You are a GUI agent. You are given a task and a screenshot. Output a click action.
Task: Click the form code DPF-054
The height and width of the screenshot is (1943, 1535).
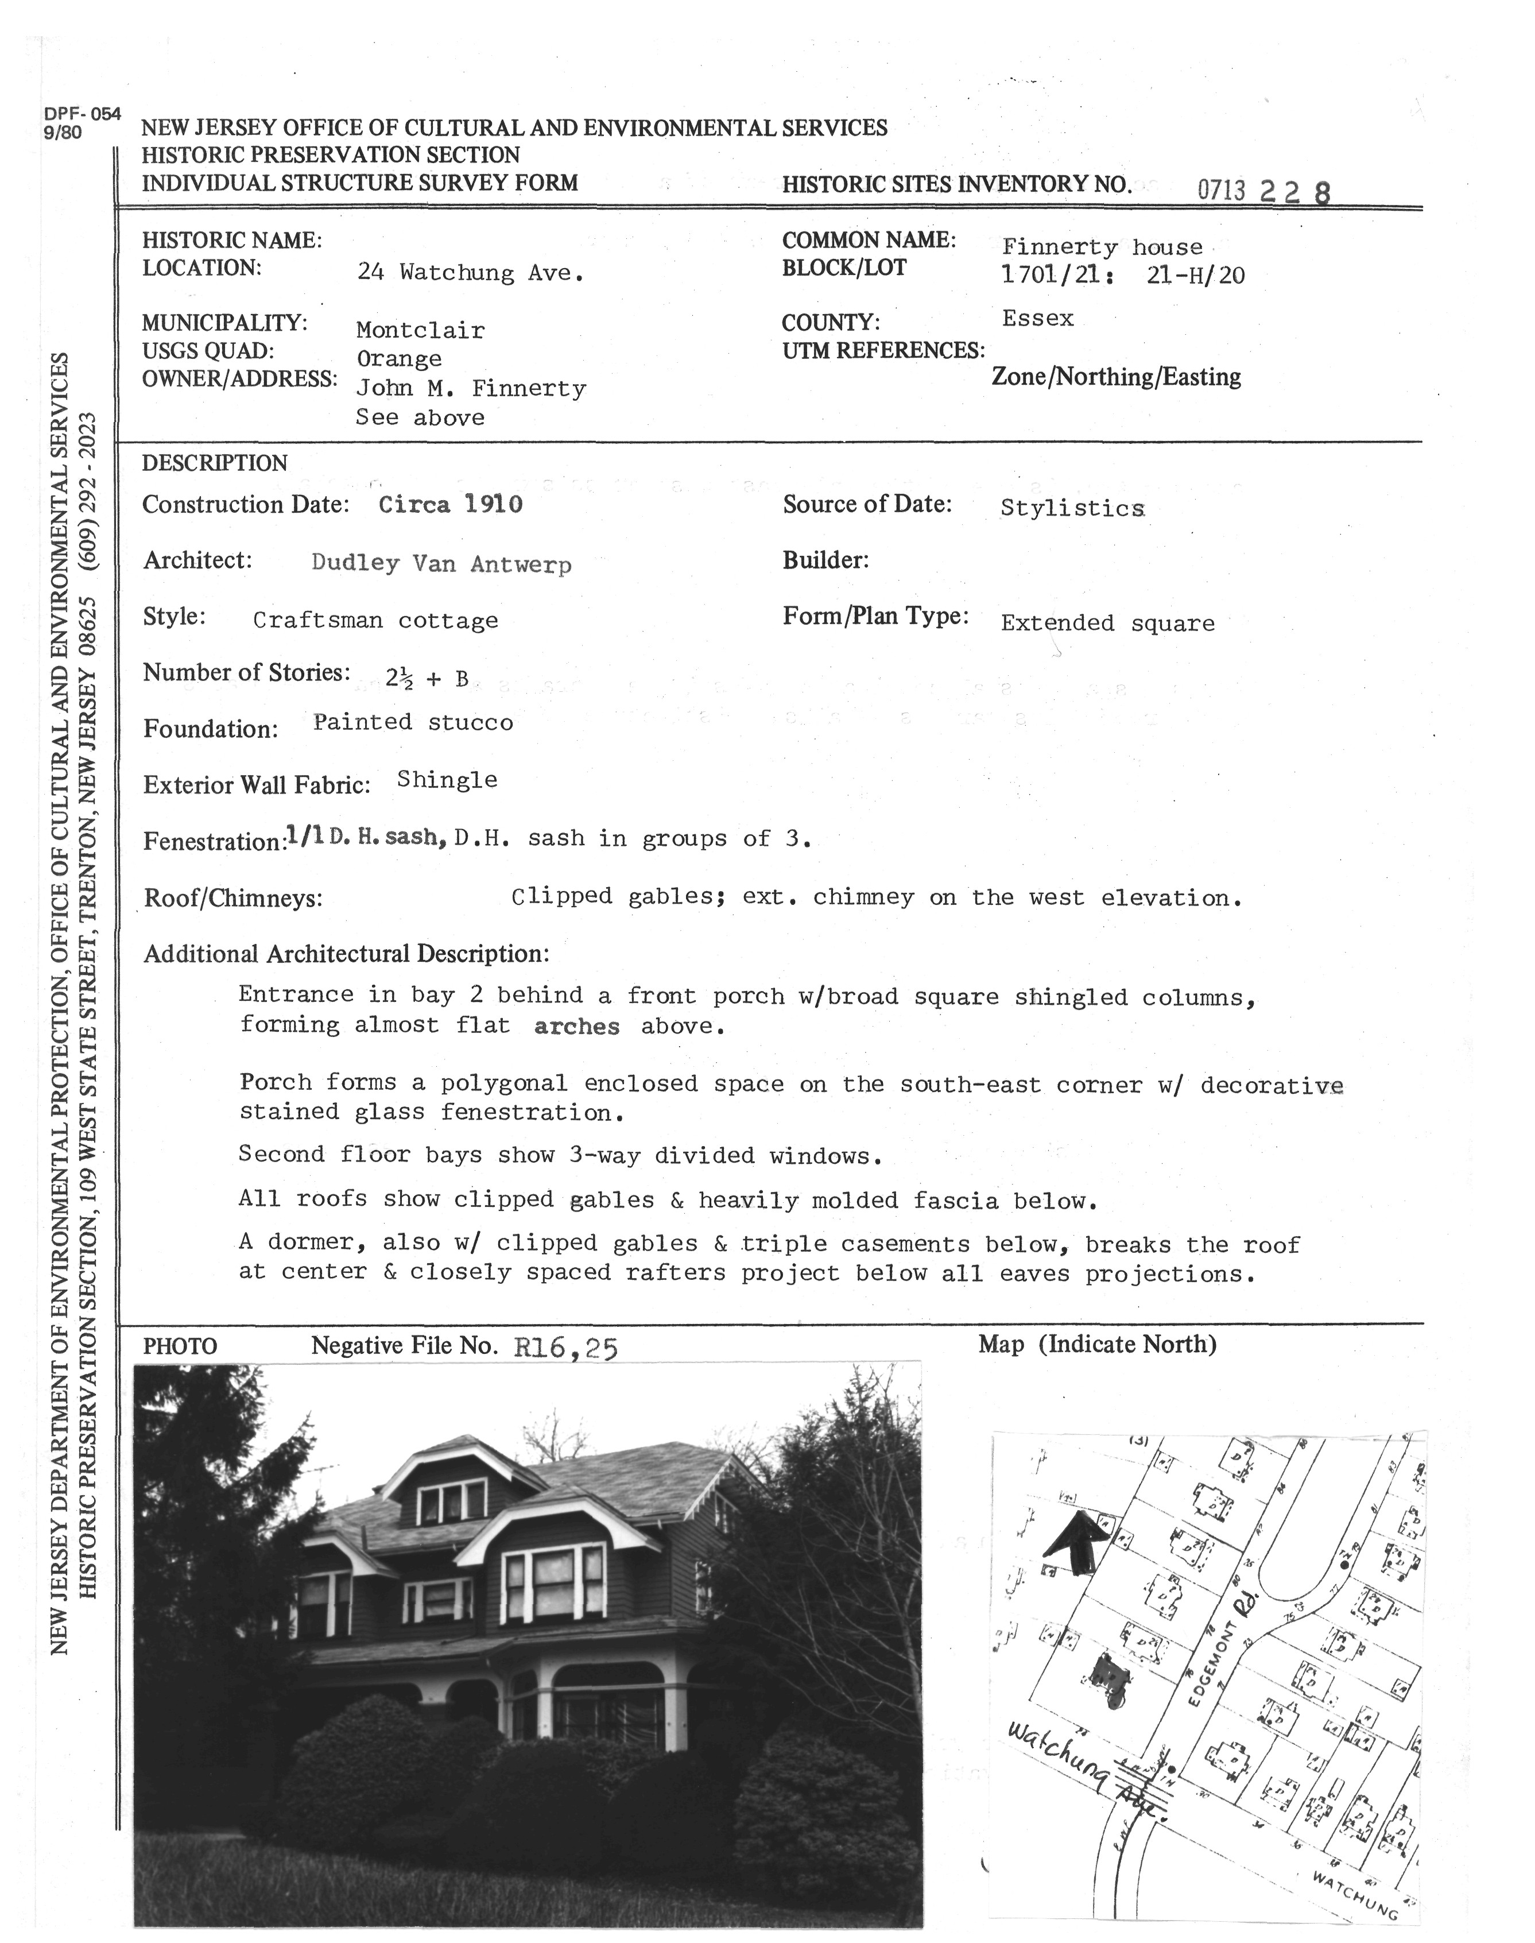pos(81,114)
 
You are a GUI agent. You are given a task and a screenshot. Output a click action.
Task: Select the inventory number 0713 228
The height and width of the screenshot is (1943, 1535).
pos(1263,191)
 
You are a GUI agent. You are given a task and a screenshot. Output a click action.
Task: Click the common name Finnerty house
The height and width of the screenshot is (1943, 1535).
pos(1102,247)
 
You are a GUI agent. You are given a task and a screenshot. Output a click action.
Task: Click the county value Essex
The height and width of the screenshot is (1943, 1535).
pos(1038,318)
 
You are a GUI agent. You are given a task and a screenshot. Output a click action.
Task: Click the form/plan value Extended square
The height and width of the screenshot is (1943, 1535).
pos(1107,623)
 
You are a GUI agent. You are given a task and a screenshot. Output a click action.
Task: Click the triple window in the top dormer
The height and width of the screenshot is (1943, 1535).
pos(451,1501)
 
